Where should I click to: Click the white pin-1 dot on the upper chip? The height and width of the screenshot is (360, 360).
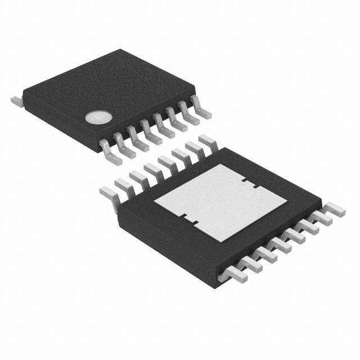tap(96, 117)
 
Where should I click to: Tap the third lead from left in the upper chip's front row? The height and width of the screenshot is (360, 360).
tap(137, 139)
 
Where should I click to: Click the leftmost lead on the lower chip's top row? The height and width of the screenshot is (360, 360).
tap(107, 193)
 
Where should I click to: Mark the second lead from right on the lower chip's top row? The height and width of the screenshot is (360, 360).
tap(193, 147)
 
